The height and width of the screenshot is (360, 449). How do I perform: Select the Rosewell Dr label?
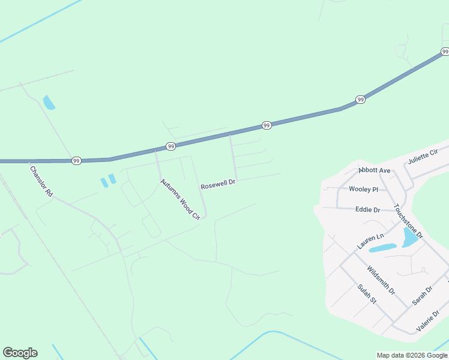point(218,184)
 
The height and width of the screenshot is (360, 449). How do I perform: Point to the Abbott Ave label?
point(375,170)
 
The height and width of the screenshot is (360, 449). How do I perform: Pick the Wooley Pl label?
point(363,189)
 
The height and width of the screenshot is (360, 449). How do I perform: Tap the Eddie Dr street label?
point(367,210)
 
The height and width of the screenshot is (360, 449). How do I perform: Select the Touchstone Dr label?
point(408,221)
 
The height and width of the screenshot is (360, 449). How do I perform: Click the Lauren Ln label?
point(370,241)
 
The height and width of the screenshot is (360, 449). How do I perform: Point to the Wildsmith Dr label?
point(381,280)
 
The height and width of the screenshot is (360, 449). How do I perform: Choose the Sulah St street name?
point(366,294)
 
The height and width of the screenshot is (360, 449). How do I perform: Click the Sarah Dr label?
point(422,295)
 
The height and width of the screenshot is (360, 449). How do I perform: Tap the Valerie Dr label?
point(430,321)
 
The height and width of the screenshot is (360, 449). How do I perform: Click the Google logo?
point(20,353)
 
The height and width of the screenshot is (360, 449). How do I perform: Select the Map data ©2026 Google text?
point(412,355)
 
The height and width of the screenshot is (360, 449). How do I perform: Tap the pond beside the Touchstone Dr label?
point(410,238)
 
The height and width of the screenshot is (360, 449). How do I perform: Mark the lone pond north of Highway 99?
point(49,103)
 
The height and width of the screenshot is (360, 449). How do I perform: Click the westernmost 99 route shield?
point(76,161)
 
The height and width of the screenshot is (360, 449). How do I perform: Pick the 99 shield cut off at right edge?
point(445,52)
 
